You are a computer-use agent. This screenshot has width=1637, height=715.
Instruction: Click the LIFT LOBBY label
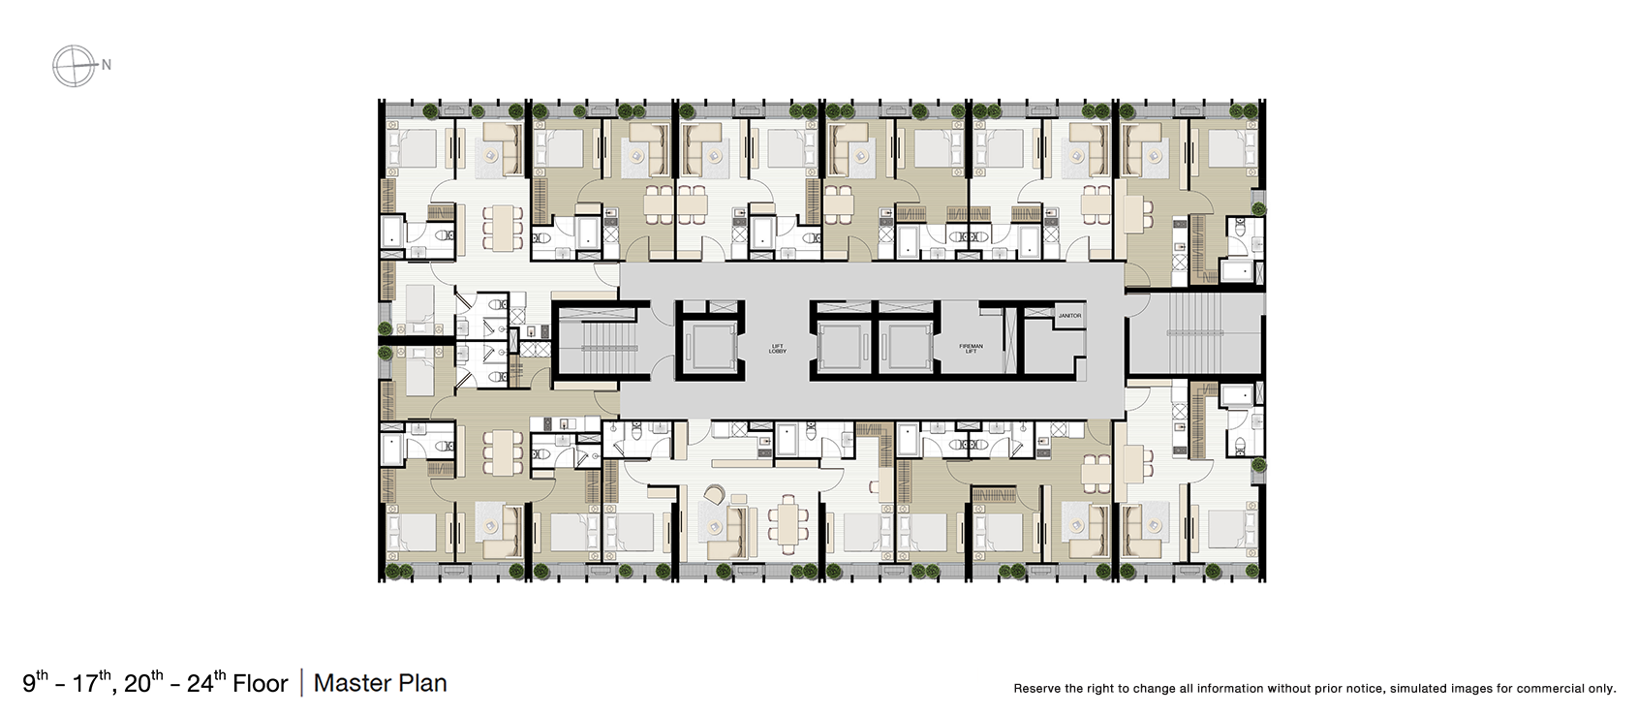coord(777,350)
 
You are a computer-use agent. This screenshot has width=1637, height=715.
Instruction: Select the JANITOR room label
coord(1069,316)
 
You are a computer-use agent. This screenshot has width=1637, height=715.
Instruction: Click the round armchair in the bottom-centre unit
coord(715,494)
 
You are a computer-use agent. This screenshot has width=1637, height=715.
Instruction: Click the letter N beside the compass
coord(107,66)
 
